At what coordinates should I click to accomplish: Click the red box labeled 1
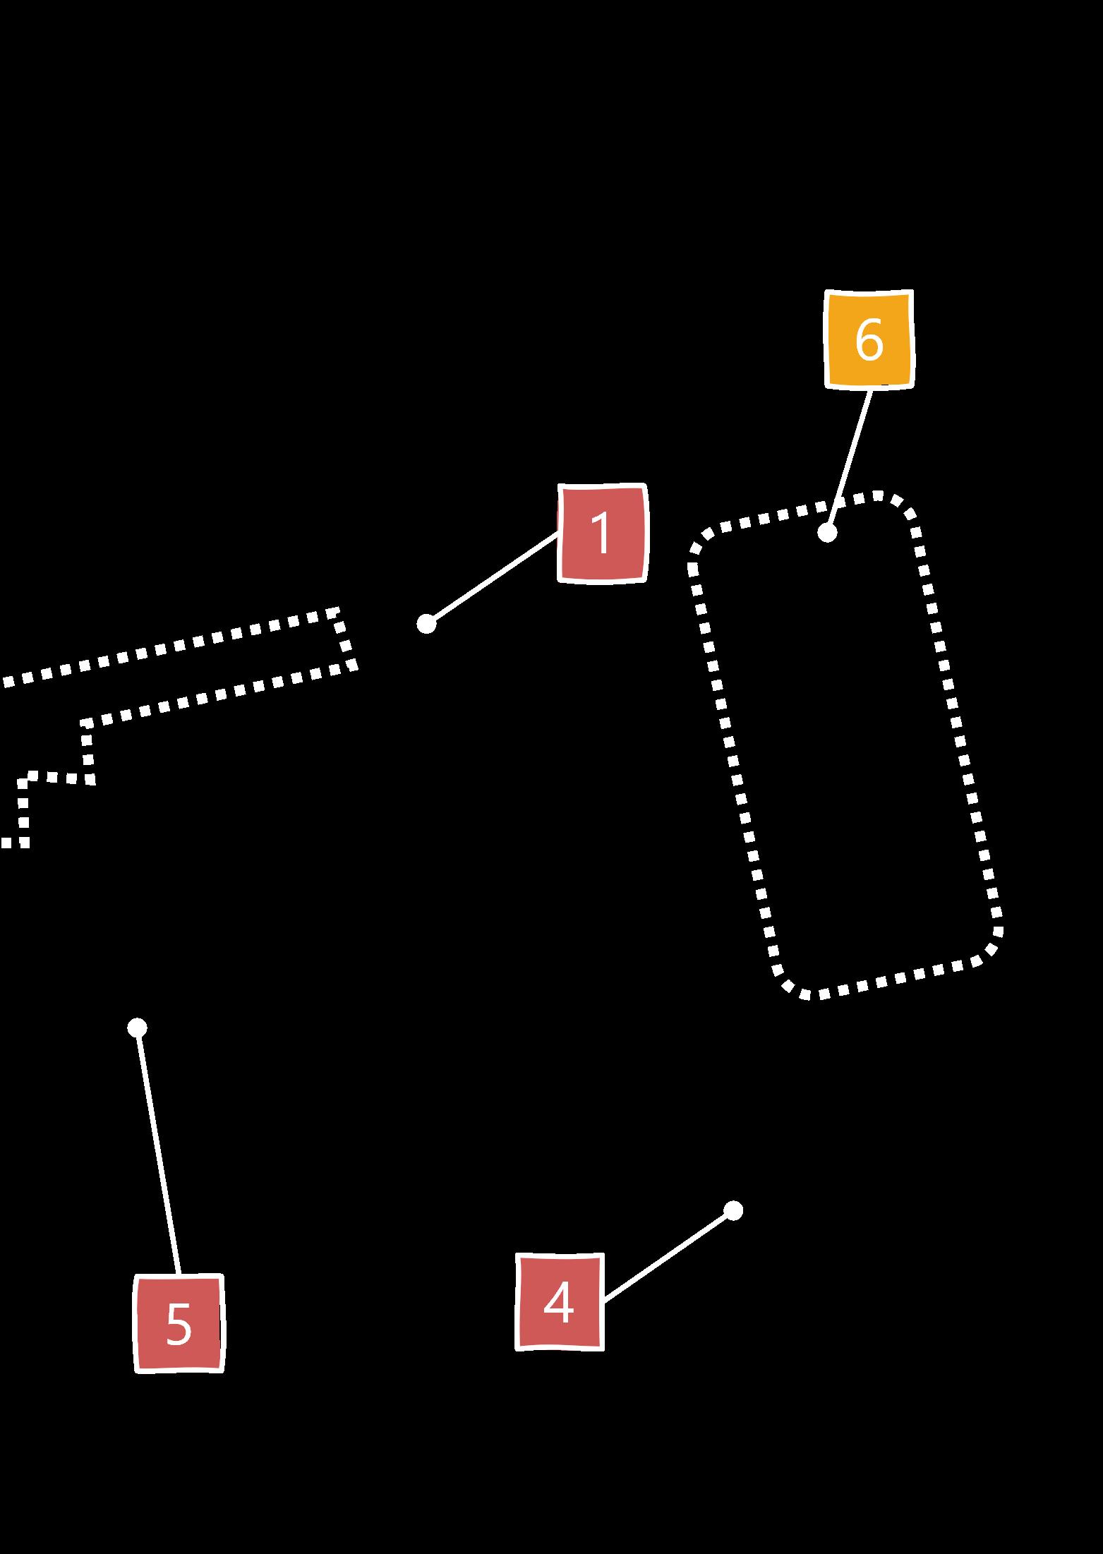coord(602,533)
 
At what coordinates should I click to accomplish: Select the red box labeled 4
coord(560,1302)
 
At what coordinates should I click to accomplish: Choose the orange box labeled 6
coord(869,339)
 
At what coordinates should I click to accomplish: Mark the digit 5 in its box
coord(179,1324)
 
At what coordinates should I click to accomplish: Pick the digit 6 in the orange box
coord(869,339)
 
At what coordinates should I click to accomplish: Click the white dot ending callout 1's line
coord(426,624)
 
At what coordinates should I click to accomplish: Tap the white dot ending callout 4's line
coord(733,1210)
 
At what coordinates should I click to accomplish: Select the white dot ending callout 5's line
coord(137,1028)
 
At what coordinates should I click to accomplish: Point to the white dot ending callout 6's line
coord(827,533)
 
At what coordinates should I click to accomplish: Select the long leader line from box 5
coord(158,1150)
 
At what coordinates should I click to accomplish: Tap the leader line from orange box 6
coord(848,460)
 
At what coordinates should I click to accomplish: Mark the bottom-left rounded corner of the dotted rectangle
coord(789,986)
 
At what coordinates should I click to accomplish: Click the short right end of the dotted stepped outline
coord(346,639)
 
